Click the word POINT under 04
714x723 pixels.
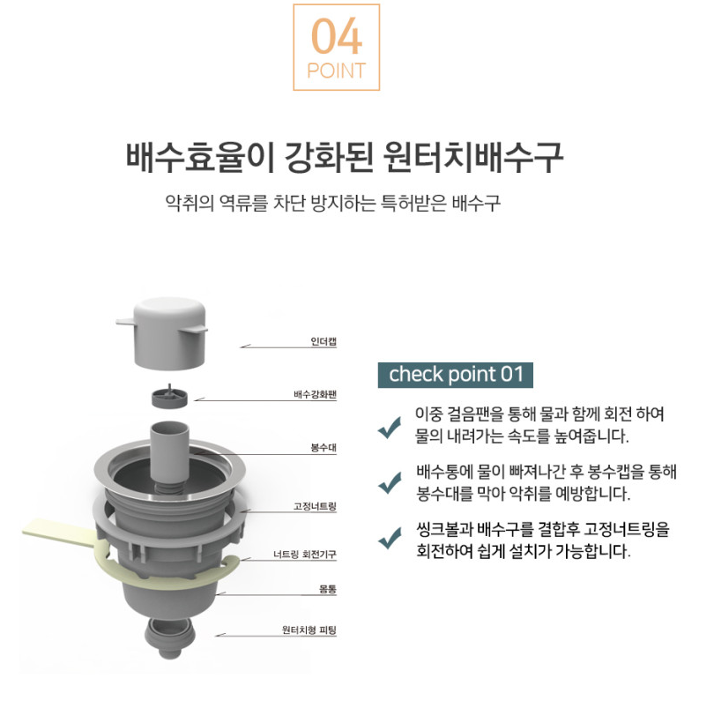(336, 71)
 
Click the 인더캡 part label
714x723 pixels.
(324, 341)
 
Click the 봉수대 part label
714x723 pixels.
(324, 448)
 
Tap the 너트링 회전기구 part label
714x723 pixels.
(305, 555)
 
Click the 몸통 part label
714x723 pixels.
(327, 587)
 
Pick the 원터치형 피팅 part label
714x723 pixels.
(309, 630)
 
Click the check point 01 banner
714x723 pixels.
(456, 374)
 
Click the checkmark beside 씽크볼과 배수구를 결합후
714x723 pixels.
(389, 538)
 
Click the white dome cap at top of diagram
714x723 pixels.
(169, 335)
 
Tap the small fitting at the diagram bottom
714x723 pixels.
(169, 637)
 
